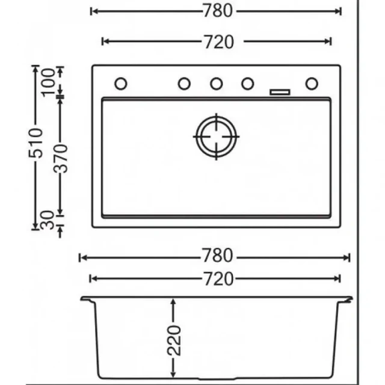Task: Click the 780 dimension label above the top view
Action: coord(217,11)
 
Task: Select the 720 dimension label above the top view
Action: coord(217,42)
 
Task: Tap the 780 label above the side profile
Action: coord(217,257)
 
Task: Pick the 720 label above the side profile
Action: coord(217,279)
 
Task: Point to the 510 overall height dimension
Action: coord(37,143)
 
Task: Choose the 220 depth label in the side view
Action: coord(173,341)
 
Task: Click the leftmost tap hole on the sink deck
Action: coord(121,84)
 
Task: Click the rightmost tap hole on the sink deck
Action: coord(311,84)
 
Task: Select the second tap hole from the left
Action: coord(185,84)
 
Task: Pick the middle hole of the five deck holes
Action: coord(217,84)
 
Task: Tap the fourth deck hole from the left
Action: coord(248,84)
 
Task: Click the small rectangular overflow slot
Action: coord(280,92)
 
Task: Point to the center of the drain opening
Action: coord(217,137)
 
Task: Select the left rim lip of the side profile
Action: coord(85,298)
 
